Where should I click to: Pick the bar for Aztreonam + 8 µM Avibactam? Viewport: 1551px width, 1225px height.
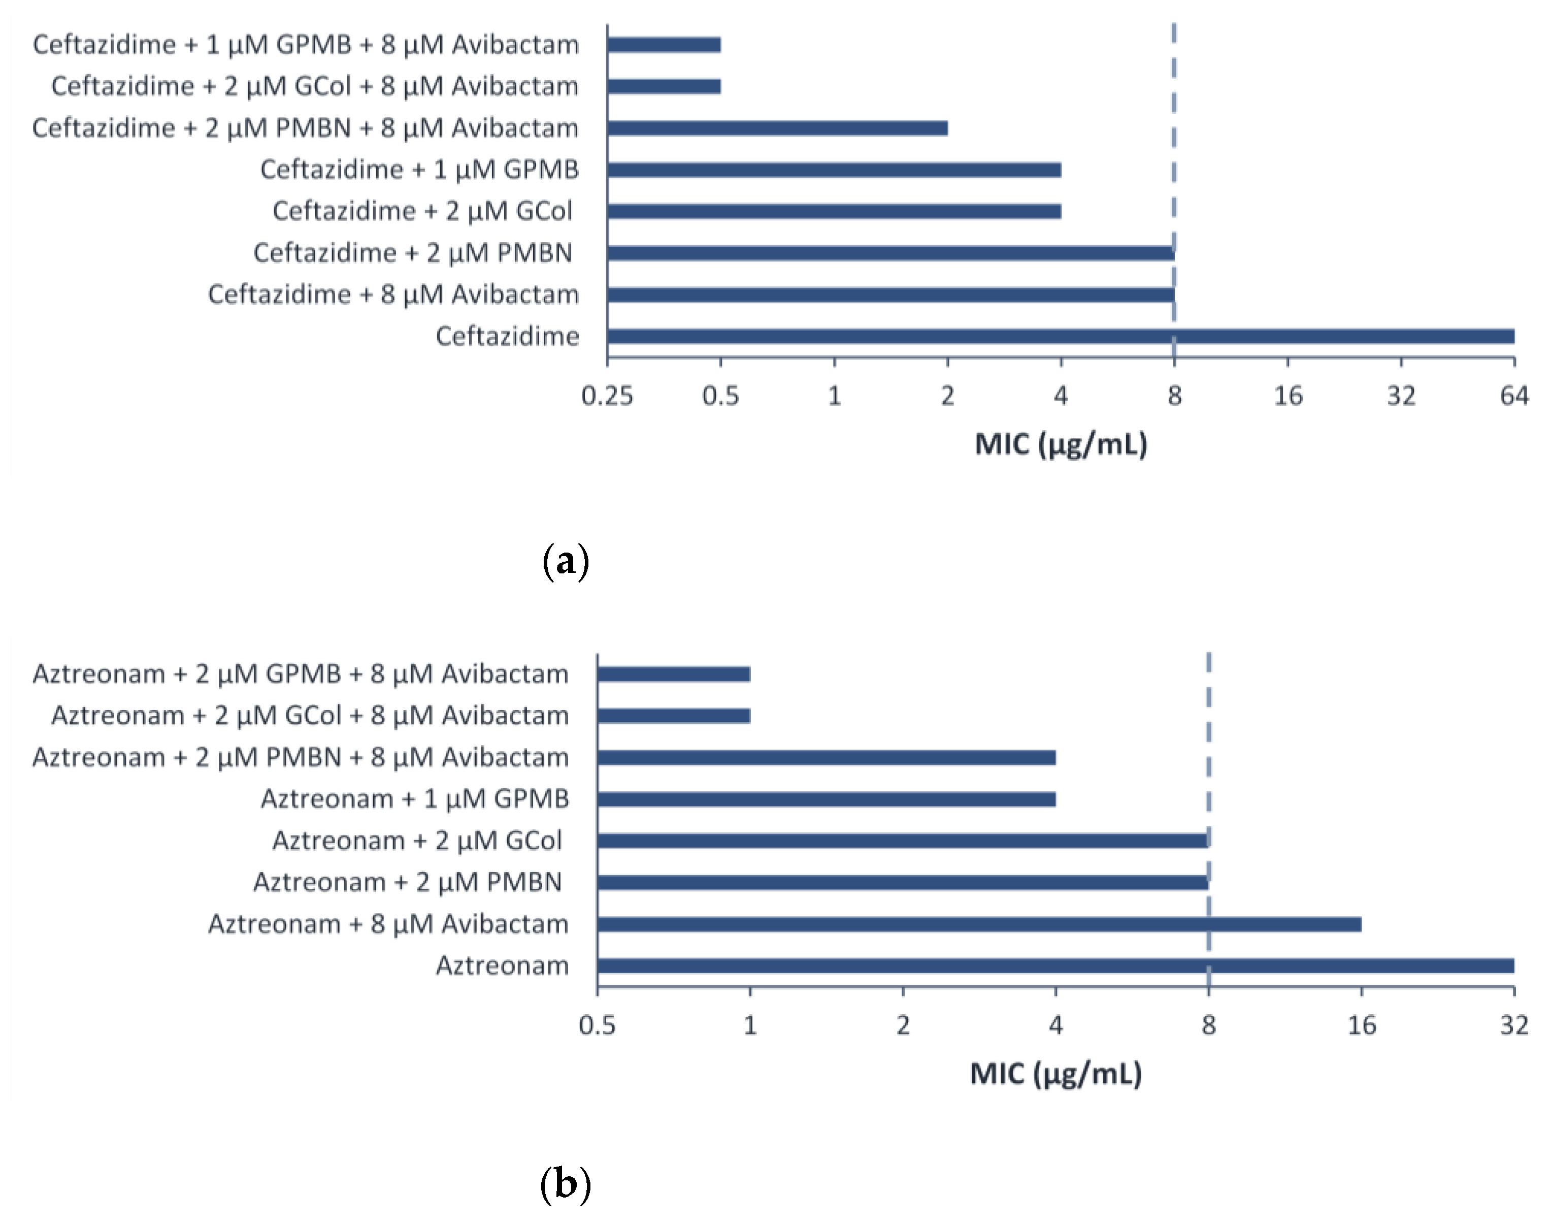coord(979,924)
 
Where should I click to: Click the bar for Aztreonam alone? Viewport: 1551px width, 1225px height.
coord(1055,966)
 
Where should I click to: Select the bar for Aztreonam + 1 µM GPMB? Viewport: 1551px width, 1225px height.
coord(826,799)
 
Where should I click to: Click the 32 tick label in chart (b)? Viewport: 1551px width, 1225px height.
coord(1514,1025)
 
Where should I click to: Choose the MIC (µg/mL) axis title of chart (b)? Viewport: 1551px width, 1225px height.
coord(1055,1074)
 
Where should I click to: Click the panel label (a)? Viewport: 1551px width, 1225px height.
coord(566,561)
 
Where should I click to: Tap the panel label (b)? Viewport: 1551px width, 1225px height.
coord(566,1185)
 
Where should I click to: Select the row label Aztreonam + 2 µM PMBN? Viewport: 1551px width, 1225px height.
coord(407,883)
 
